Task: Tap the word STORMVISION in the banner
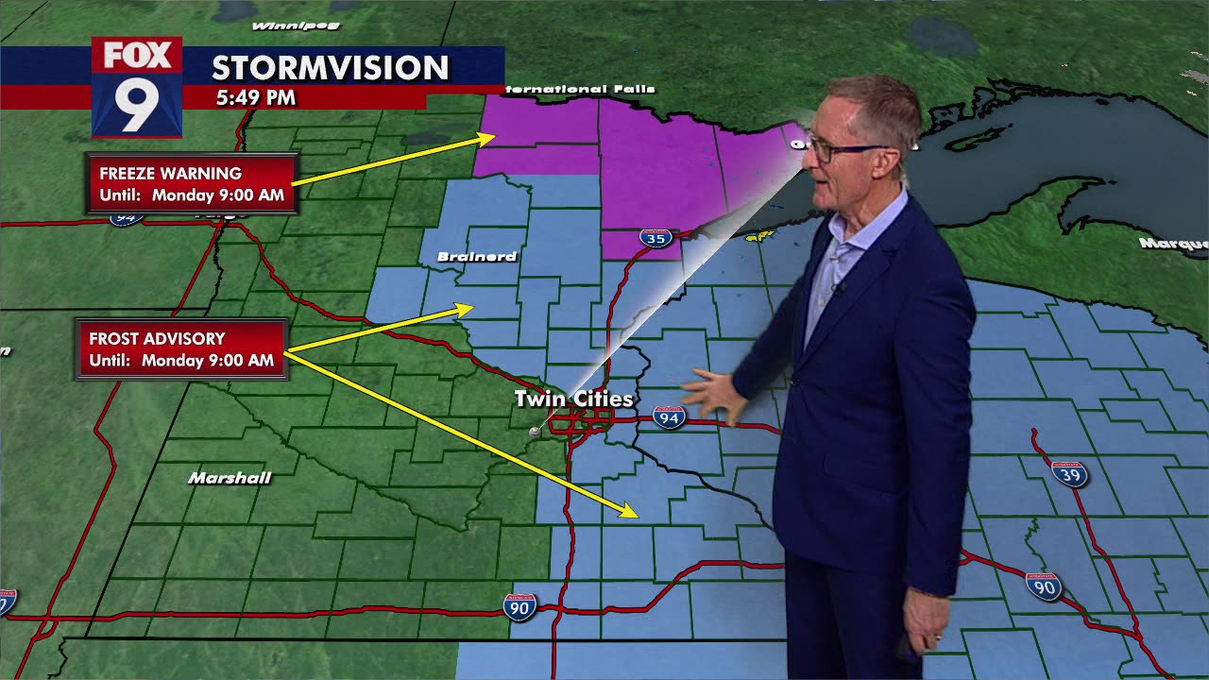(x=330, y=68)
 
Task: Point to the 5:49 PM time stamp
(x=255, y=97)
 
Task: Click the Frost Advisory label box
(x=181, y=349)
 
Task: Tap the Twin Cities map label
(x=573, y=399)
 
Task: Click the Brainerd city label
(x=477, y=257)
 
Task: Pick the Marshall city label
(x=230, y=478)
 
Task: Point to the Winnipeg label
(x=281, y=25)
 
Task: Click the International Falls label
(x=580, y=90)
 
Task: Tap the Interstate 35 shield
(x=656, y=237)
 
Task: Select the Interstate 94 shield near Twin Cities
(x=669, y=416)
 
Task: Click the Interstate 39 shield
(x=1068, y=473)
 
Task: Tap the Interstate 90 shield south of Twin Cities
(x=519, y=605)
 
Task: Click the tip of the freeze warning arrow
(x=492, y=138)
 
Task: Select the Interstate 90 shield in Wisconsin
(x=1044, y=586)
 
